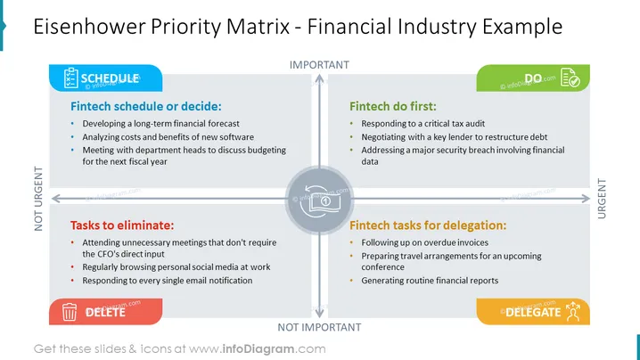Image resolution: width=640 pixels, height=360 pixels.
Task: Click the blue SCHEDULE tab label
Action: coord(110,78)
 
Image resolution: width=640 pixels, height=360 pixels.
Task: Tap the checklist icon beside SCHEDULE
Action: coord(71,78)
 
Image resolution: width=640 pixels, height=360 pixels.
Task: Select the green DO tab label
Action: coord(533,78)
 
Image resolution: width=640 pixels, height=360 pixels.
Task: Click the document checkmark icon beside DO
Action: coord(570,78)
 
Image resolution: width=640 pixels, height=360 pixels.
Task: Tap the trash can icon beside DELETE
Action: coord(70,311)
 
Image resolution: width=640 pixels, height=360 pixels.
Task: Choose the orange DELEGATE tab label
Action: coord(533,312)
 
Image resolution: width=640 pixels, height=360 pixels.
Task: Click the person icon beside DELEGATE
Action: coord(573,311)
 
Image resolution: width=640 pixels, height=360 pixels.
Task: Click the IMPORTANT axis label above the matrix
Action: coord(319,65)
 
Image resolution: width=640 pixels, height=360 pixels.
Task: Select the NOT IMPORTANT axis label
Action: coord(319,327)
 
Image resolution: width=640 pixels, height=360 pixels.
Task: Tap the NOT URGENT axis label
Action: coord(38,199)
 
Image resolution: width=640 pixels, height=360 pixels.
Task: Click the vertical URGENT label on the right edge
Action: coord(602,199)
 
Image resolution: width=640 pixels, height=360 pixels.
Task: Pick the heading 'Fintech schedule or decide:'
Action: coord(145,107)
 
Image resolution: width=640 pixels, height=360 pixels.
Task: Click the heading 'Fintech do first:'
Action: coord(393,107)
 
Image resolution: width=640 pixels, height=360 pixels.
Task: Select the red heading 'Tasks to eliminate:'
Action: coord(122,225)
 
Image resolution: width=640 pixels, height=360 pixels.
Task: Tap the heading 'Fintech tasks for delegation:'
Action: coord(428,225)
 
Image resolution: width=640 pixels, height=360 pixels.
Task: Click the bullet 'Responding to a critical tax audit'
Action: coord(423,124)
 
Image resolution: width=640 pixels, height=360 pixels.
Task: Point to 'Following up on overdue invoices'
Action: coord(424,242)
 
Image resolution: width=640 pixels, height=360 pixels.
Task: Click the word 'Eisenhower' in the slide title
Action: coord(89,27)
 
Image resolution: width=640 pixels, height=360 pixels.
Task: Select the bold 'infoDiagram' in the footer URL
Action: coord(258,349)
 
